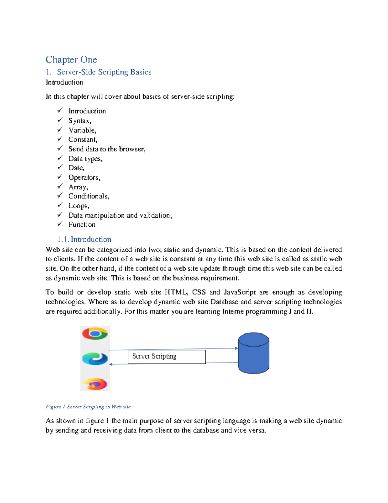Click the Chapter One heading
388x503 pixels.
coord(71,60)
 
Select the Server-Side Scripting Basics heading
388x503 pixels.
coord(104,72)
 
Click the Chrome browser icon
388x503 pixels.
coord(95,334)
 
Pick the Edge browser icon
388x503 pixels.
coord(95,359)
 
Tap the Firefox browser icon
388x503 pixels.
coord(95,384)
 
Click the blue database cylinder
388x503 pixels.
coord(253,353)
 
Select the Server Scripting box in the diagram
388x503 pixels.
coord(167,357)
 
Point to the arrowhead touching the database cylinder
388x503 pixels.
coord(236,348)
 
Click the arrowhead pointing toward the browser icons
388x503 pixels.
coord(111,364)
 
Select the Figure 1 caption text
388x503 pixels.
coord(88,407)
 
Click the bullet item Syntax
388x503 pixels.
coord(80,121)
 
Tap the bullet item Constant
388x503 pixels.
coord(82,140)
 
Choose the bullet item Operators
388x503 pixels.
coord(84,177)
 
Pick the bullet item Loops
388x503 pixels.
coord(79,206)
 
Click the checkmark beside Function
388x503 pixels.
coord(60,224)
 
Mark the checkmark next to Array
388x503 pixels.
coord(60,186)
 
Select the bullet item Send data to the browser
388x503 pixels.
coord(107,149)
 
